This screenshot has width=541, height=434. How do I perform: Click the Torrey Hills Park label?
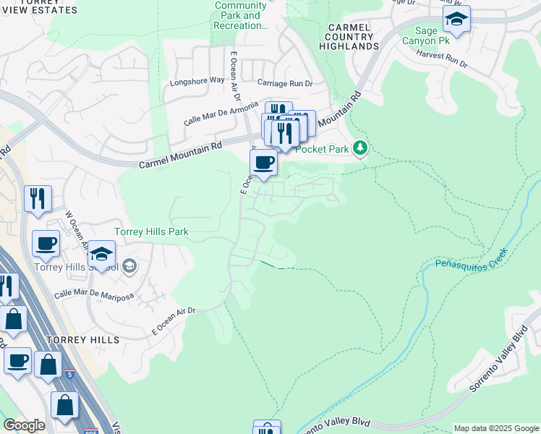pyautogui.click(x=152, y=232)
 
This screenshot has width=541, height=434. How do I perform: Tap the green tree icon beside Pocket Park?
pyautogui.click(x=360, y=149)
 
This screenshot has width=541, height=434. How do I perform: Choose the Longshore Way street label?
pyautogui.click(x=197, y=81)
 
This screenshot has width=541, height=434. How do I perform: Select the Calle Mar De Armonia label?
pyautogui.click(x=221, y=112)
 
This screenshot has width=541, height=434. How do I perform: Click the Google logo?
pyautogui.click(x=24, y=425)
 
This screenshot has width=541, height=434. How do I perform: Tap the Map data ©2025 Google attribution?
pyautogui.click(x=495, y=428)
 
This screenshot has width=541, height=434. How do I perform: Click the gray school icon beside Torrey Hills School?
pyautogui.click(x=129, y=265)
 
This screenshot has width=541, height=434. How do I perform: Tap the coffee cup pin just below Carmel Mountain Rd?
pyautogui.click(x=264, y=163)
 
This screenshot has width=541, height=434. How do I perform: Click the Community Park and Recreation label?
pyautogui.click(x=242, y=15)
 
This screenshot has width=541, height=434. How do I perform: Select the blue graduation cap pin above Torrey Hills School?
pyautogui.click(x=102, y=255)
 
